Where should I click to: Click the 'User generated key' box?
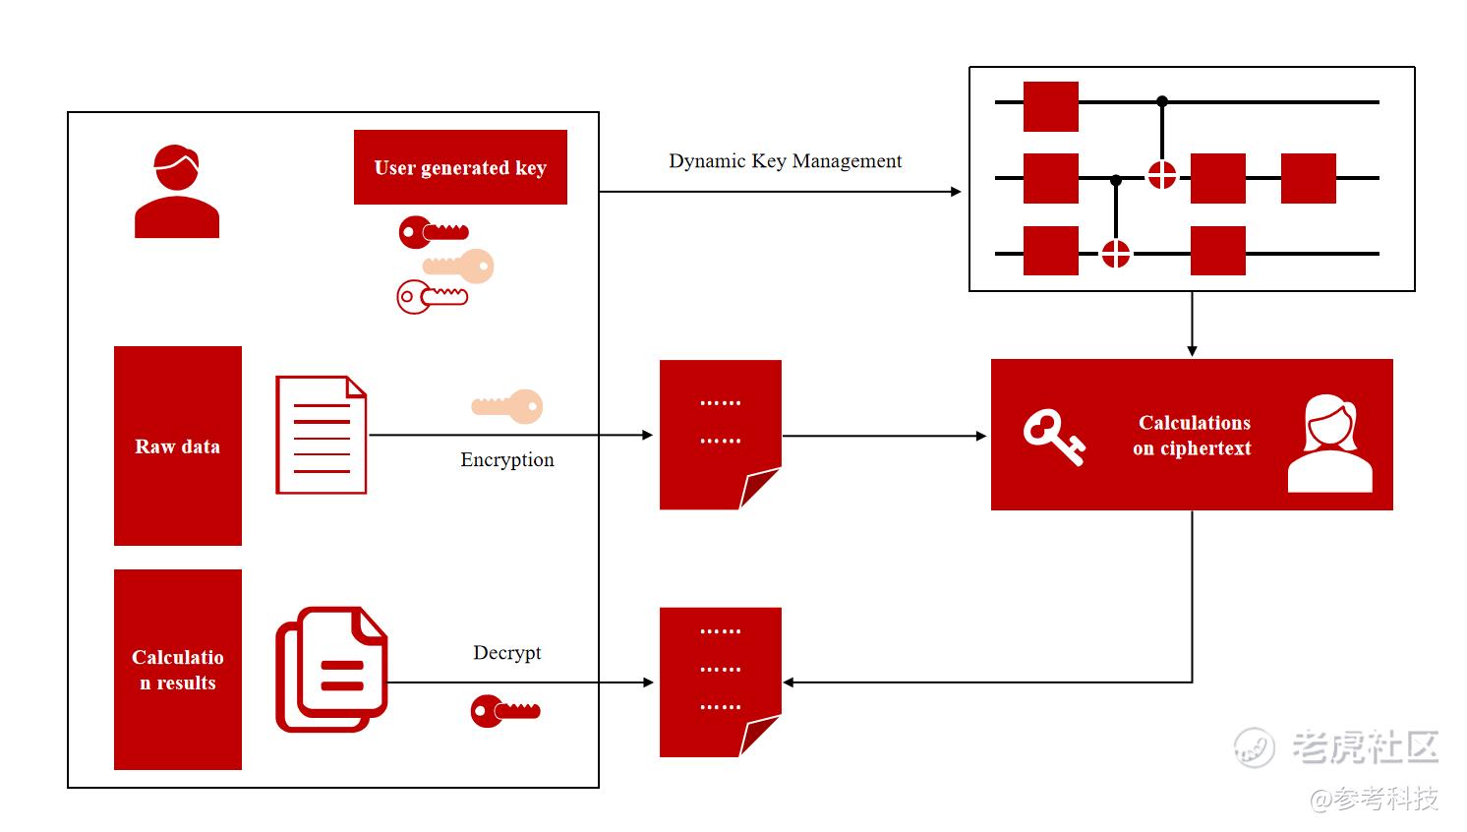[x=460, y=167]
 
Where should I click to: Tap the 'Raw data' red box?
[x=178, y=446]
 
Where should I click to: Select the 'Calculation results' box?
[x=178, y=670]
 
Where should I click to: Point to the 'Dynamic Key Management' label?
[x=785, y=161]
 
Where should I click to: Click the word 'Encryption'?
[x=506, y=460]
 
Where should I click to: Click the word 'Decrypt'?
[x=506, y=653]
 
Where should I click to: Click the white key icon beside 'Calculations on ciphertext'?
[x=1053, y=437]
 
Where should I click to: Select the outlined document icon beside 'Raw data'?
[x=322, y=435]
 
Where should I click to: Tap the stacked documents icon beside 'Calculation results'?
[x=331, y=670]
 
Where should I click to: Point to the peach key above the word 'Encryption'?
[x=507, y=405]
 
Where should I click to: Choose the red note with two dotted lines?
[x=720, y=434]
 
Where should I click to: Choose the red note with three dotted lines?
[x=720, y=682]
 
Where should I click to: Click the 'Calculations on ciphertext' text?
[x=1193, y=436]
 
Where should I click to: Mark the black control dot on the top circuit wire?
[x=1162, y=101]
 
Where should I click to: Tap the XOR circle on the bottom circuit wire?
[x=1115, y=254]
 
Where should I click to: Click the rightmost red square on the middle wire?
[x=1308, y=178]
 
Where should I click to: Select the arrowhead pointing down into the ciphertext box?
[x=1192, y=350]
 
